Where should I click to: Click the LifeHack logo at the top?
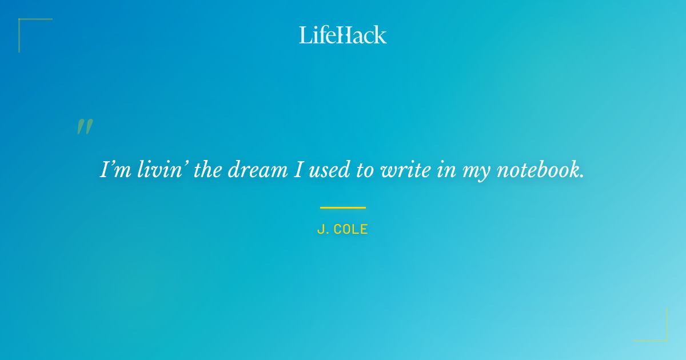(343, 35)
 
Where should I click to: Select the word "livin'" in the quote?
(154, 170)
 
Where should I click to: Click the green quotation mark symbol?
(85, 127)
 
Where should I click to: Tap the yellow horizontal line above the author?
(343, 207)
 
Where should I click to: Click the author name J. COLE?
(342, 230)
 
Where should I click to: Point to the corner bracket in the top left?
(26, 26)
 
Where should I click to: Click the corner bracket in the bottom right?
(660, 334)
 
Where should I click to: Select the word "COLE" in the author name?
(350, 230)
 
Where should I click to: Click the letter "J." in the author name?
(322, 230)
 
